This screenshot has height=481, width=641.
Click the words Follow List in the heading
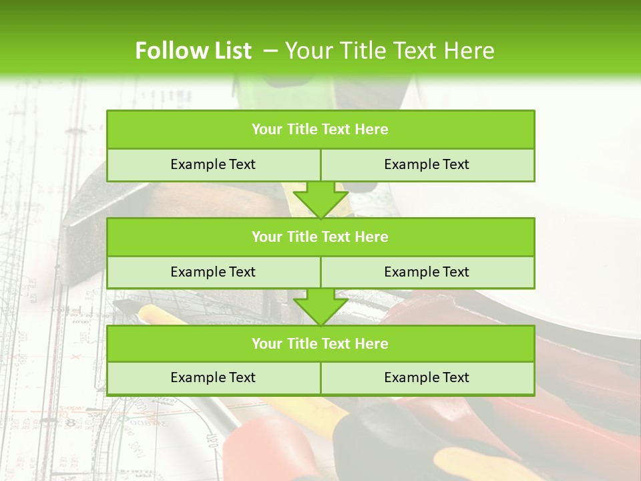coord(193,51)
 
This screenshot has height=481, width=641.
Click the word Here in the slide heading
coord(469,51)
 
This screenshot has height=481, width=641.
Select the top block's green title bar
coord(320,130)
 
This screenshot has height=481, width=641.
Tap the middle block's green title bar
coord(320,236)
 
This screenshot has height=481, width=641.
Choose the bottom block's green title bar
coord(320,343)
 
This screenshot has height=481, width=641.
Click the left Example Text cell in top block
coord(213,164)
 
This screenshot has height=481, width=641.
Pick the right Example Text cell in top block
coord(427,164)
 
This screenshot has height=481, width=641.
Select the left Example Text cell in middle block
coord(213,272)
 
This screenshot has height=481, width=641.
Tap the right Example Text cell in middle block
coord(427,272)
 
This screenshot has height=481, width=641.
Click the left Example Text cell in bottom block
coord(213,377)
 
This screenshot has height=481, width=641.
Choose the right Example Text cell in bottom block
coord(427,377)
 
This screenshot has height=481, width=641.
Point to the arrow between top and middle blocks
coord(320,199)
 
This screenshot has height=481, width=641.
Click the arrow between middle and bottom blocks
coord(320,307)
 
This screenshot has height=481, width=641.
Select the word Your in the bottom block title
coord(266,343)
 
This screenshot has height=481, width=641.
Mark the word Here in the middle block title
coord(371,236)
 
